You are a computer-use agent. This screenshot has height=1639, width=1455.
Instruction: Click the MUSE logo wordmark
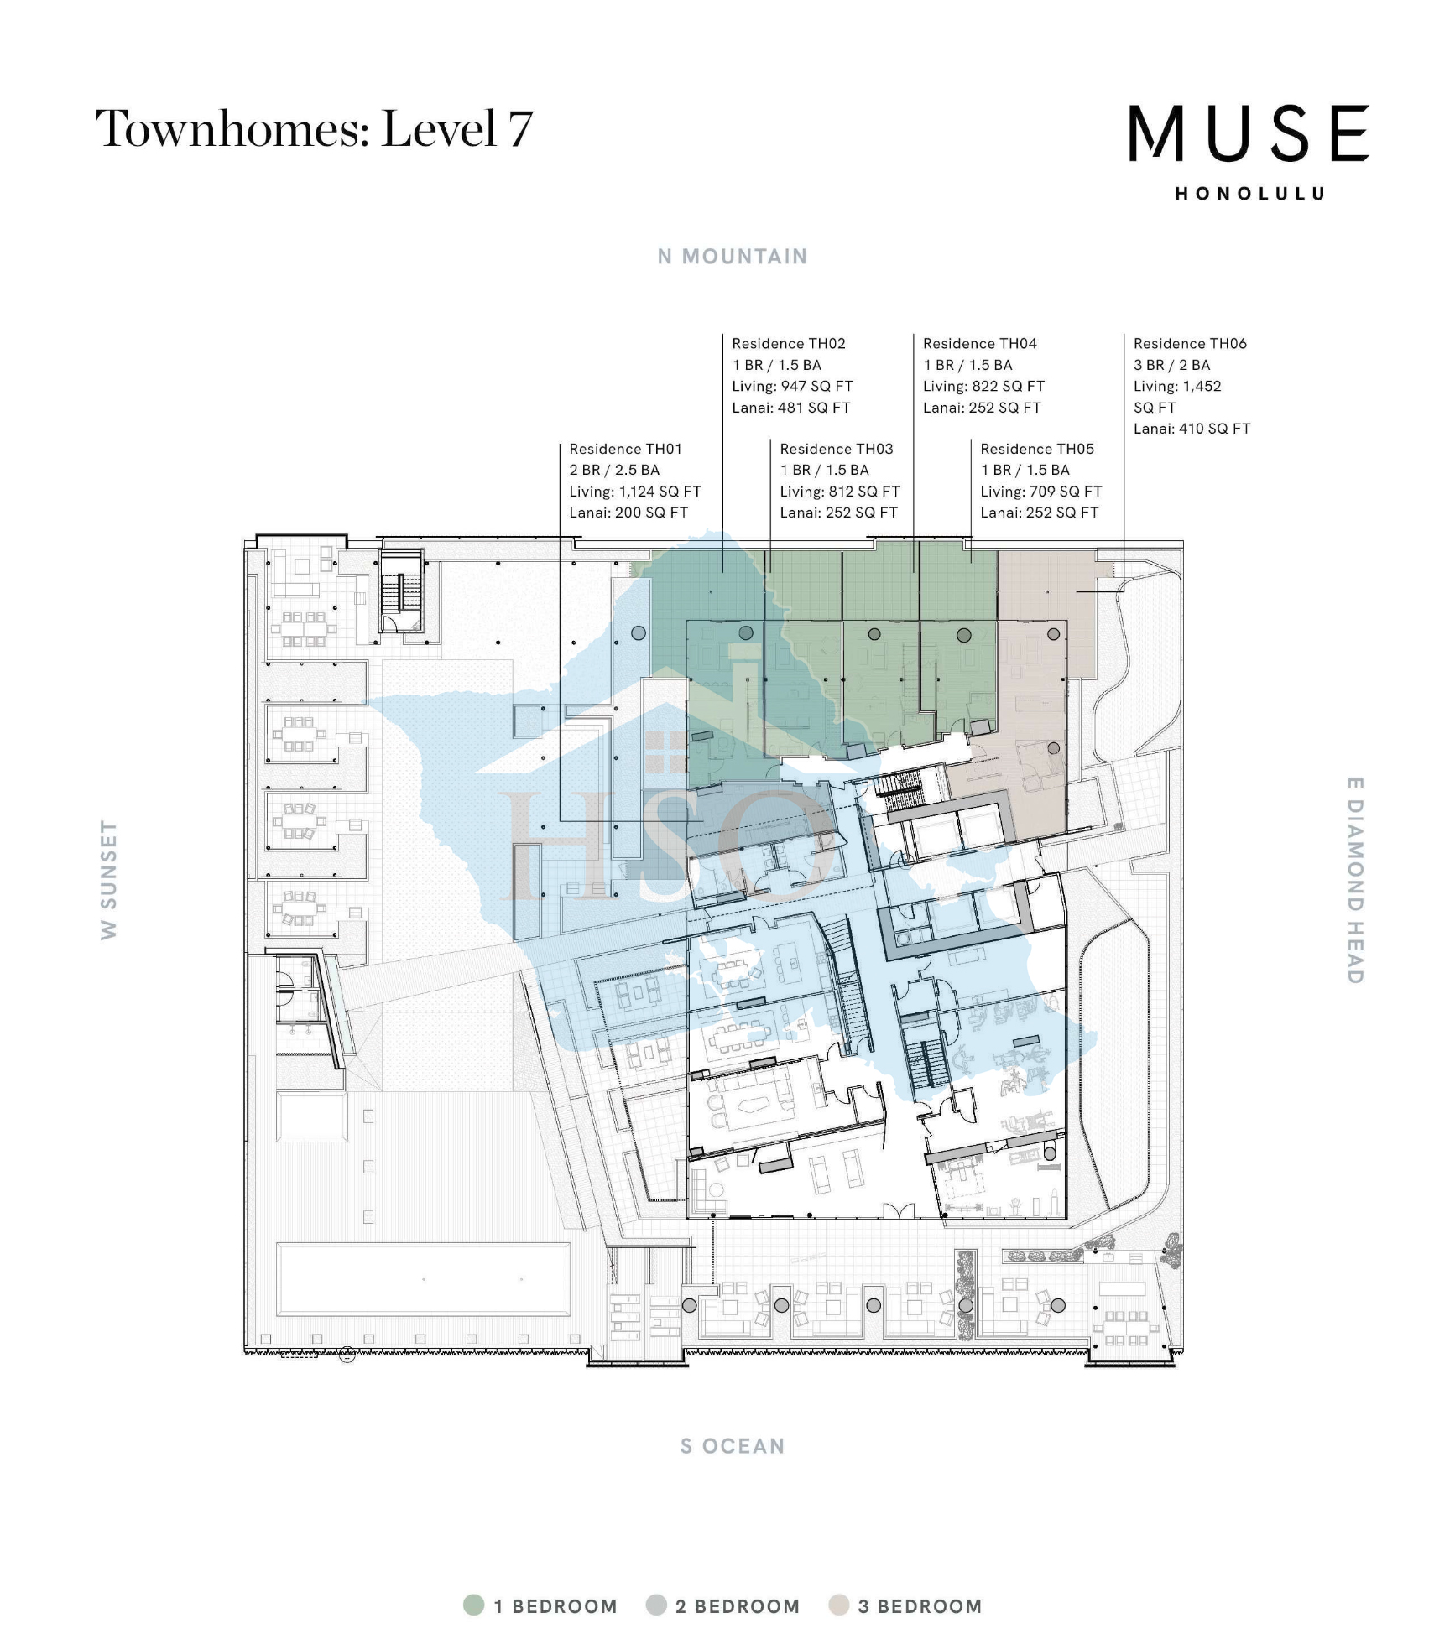click(x=1249, y=133)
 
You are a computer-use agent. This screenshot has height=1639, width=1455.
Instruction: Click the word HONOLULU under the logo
click(x=1249, y=194)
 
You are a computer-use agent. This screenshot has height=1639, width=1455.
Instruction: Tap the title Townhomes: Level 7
click(x=314, y=129)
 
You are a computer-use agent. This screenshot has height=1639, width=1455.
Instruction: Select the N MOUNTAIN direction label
click(x=732, y=257)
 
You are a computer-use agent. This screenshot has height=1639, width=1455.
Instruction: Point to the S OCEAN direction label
click(x=732, y=1446)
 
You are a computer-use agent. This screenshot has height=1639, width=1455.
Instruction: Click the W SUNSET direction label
click(x=108, y=880)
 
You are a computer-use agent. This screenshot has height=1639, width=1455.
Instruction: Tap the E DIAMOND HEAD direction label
click(x=1354, y=880)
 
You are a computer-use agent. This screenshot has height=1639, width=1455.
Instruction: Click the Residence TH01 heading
click(x=625, y=449)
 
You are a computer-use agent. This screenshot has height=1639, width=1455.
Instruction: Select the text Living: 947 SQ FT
click(x=792, y=387)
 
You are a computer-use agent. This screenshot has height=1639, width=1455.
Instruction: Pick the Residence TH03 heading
click(x=836, y=449)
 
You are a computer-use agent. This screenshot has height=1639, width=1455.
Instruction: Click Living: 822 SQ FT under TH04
click(x=983, y=387)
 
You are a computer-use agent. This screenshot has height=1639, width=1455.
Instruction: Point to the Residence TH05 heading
click(x=1036, y=449)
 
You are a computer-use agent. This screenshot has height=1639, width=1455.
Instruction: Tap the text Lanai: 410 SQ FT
click(x=1192, y=429)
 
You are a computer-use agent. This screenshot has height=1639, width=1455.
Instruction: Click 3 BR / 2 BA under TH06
click(x=1171, y=365)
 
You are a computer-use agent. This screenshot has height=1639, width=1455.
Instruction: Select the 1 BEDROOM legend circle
click(x=474, y=1605)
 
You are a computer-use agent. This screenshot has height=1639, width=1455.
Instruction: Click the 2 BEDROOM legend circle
click(x=656, y=1605)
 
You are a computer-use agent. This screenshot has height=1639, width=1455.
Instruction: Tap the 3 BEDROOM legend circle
click(x=838, y=1605)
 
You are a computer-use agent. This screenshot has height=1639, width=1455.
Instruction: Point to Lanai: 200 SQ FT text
click(x=628, y=513)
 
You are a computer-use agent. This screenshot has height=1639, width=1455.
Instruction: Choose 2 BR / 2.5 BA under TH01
click(x=614, y=471)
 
